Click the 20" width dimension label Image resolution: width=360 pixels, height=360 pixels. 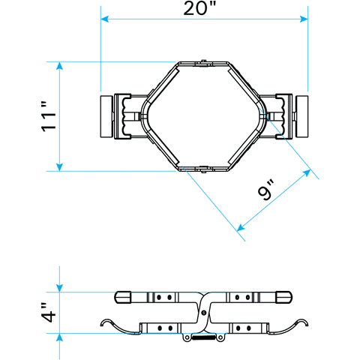click(199, 8)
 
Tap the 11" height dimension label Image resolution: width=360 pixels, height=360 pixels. click(49, 116)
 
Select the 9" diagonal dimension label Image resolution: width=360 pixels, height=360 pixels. click(267, 190)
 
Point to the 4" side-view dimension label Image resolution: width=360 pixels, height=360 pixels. click(48, 313)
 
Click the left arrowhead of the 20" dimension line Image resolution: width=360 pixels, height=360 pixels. click(104, 19)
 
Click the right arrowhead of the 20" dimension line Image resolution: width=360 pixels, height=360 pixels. click(304, 19)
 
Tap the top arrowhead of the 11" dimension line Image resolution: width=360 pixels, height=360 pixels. click(59, 65)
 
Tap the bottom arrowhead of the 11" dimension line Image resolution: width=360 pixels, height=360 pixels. click(59, 167)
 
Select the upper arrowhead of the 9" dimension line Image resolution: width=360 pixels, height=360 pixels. click(307, 173)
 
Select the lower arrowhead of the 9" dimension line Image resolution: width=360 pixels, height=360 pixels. click(241, 227)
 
